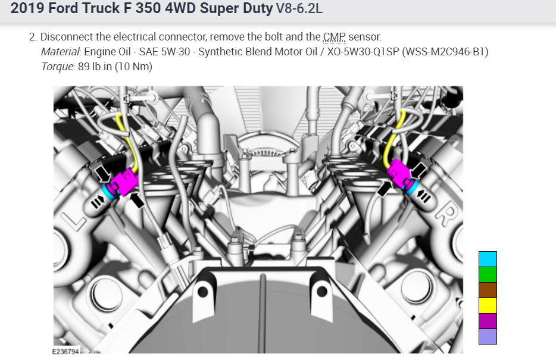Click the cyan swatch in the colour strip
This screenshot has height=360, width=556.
tap(488, 259)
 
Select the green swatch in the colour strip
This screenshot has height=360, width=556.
tap(488, 274)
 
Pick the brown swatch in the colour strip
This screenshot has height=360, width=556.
tap(488, 290)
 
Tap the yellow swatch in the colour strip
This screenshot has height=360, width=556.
tap(488, 306)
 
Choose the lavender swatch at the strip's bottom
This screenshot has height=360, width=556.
tap(488, 336)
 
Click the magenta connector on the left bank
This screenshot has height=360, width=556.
tap(123, 182)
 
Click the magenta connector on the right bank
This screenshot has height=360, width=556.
tap(399, 173)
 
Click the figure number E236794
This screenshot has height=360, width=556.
tap(65, 352)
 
